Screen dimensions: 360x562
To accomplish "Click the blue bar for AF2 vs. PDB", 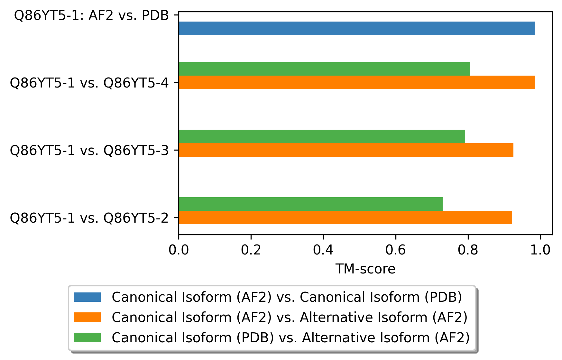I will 356,28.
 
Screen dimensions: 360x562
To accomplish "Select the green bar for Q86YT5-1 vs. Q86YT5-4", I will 324,69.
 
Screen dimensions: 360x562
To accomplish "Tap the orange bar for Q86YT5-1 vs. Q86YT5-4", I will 356,82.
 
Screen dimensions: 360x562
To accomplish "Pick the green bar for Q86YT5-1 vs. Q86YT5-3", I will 322,136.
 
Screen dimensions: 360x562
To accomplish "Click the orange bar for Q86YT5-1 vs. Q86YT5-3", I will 346,150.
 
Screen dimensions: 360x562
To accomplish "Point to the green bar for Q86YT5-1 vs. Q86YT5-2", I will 310,204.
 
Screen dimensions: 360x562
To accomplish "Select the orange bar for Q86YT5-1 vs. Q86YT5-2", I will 345,217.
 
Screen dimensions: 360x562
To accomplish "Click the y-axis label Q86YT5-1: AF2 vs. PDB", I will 92,15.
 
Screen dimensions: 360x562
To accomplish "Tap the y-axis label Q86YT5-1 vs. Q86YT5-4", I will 89,83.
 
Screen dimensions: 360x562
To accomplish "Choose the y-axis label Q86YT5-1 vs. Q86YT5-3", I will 89,151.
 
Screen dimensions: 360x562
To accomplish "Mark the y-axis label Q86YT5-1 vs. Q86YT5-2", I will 89,218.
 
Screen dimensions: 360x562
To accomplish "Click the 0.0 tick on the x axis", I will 179,250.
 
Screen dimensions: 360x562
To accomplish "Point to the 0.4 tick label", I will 323,250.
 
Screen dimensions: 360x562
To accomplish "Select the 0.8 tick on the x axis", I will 468,250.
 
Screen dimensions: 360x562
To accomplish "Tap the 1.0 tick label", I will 540,250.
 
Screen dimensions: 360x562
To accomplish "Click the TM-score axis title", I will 365,269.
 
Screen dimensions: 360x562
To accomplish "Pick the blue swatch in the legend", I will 87,297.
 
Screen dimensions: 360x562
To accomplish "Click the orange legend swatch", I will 87,317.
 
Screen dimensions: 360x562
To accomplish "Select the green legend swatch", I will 87,337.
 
